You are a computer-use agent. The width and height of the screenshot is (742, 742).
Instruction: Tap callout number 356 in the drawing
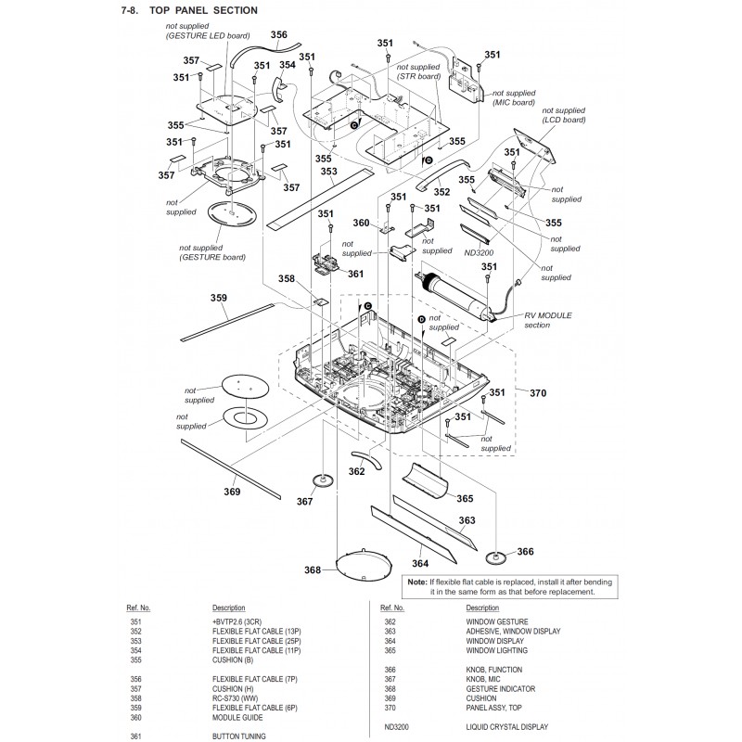278,34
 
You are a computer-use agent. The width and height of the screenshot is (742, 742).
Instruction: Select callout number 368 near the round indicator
312,569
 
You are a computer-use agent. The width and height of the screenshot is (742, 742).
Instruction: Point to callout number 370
538,393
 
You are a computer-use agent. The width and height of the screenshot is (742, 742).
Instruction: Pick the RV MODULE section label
548,320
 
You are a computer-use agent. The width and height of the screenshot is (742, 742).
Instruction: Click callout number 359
219,298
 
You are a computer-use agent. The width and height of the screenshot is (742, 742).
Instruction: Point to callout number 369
231,491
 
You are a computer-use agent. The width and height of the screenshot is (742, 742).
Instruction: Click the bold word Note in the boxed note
418,581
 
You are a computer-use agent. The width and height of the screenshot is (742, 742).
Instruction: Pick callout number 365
465,498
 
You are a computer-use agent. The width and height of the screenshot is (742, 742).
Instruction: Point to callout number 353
328,172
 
